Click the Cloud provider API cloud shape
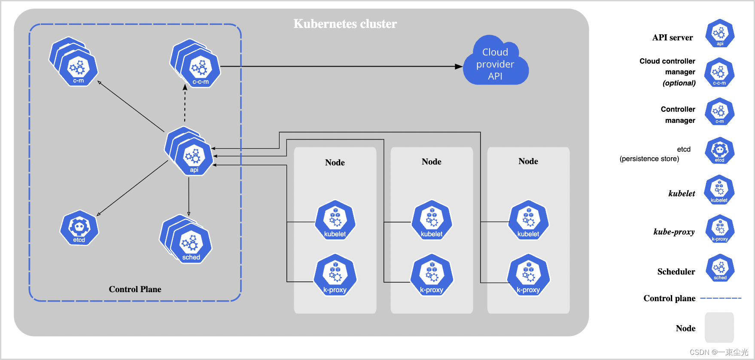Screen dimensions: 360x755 (x=495, y=64)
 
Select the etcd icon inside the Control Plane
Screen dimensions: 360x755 (x=79, y=228)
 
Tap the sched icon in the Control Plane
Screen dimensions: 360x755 (x=191, y=245)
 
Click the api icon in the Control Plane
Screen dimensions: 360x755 (x=194, y=157)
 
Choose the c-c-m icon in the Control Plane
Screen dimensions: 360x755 (x=200, y=69)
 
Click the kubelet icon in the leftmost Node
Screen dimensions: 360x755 (x=335, y=220)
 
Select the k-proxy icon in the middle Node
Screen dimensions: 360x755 (x=432, y=275)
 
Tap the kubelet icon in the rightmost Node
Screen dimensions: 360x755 (x=528, y=220)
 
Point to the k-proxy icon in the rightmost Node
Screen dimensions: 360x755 (x=528, y=275)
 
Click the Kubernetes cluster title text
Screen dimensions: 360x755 (x=345, y=24)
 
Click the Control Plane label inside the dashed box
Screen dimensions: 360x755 (x=135, y=289)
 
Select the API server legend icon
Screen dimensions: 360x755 (x=720, y=33)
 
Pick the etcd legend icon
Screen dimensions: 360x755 (x=720, y=151)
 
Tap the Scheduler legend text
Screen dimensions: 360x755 (x=676, y=272)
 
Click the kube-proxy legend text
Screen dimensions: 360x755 (x=674, y=232)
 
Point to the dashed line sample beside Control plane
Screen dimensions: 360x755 (x=721, y=298)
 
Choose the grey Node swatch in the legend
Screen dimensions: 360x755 (x=719, y=327)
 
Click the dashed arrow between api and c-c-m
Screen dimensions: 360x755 (x=185, y=103)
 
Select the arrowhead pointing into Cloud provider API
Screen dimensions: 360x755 (x=459, y=67)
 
